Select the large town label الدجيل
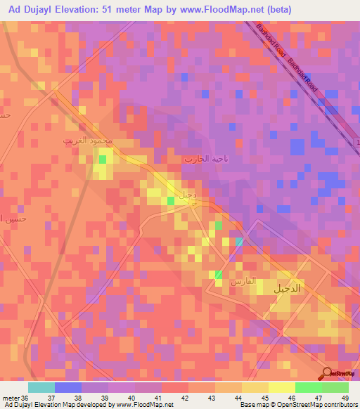pos(289,287)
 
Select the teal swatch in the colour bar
pos(41,387)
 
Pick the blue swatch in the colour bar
pos(68,387)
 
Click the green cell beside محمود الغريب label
pos(103,160)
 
